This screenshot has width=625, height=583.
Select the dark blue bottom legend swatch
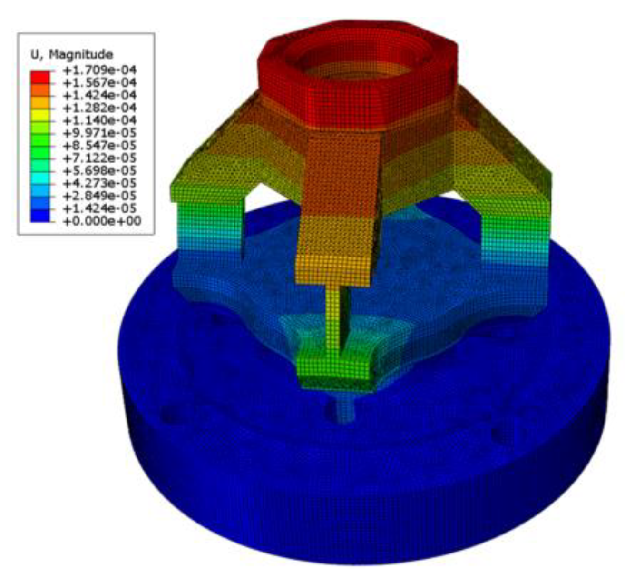[x=40, y=215]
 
